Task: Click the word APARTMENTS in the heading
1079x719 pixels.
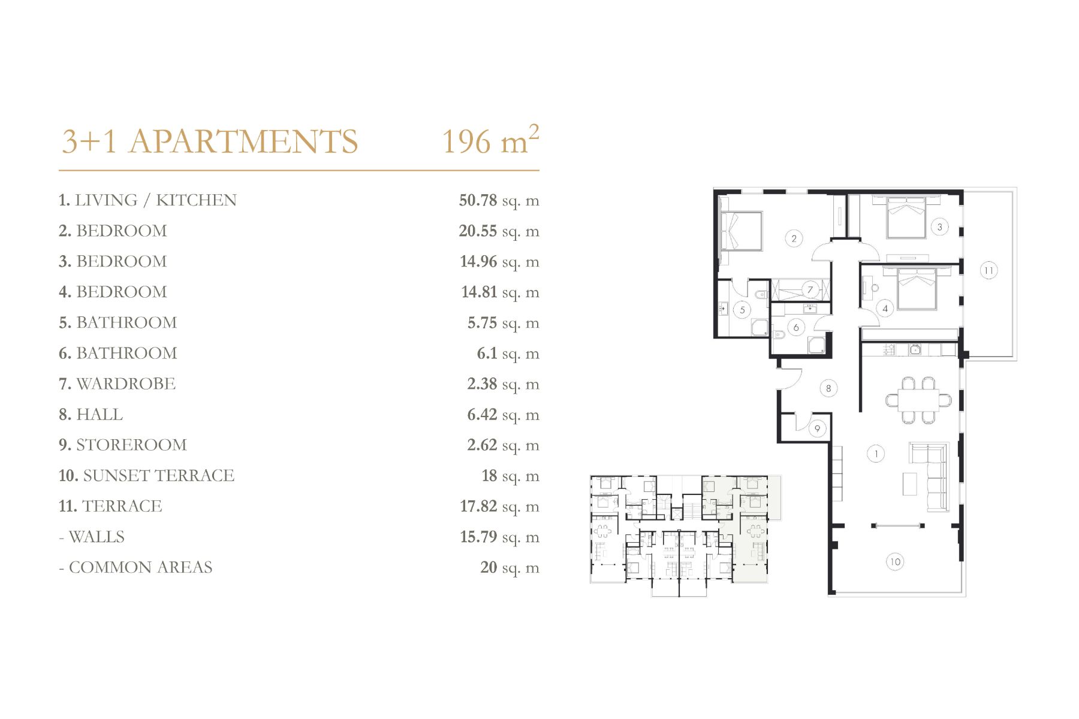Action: [x=243, y=142]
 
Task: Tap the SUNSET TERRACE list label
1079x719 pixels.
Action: [x=158, y=476]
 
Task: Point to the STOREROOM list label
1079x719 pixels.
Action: [x=131, y=445]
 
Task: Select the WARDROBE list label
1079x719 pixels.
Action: [x=126, y=384]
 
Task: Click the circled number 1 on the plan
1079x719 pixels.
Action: [x=876, y=454]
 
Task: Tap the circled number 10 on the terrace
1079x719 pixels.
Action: [x=895, y=561]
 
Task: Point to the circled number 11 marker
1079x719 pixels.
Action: [x=988, y=270]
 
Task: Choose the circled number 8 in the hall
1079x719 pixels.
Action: [x=828, y=388]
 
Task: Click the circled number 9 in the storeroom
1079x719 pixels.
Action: [x=817, y=428]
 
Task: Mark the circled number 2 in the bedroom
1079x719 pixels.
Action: [x=794, y=238]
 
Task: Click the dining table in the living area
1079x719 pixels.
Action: [x=918, y=400]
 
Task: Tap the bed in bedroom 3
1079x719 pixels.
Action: [x=906, y=217]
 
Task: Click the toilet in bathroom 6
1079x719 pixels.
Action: [x=779, y=334]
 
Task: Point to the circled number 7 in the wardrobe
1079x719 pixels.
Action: [x=810, y=290]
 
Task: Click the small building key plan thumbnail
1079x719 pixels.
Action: [x=686, y=536]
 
